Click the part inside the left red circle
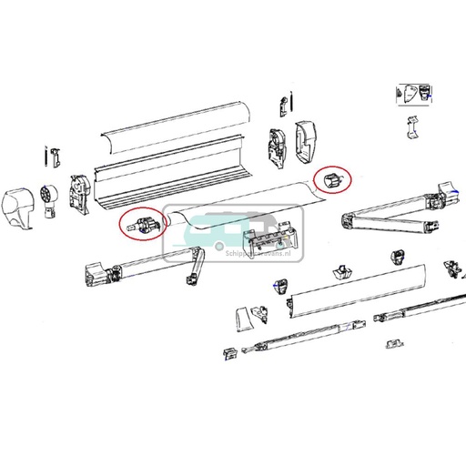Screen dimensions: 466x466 point(141,224)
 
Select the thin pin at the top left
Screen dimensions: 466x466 point(46,154)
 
